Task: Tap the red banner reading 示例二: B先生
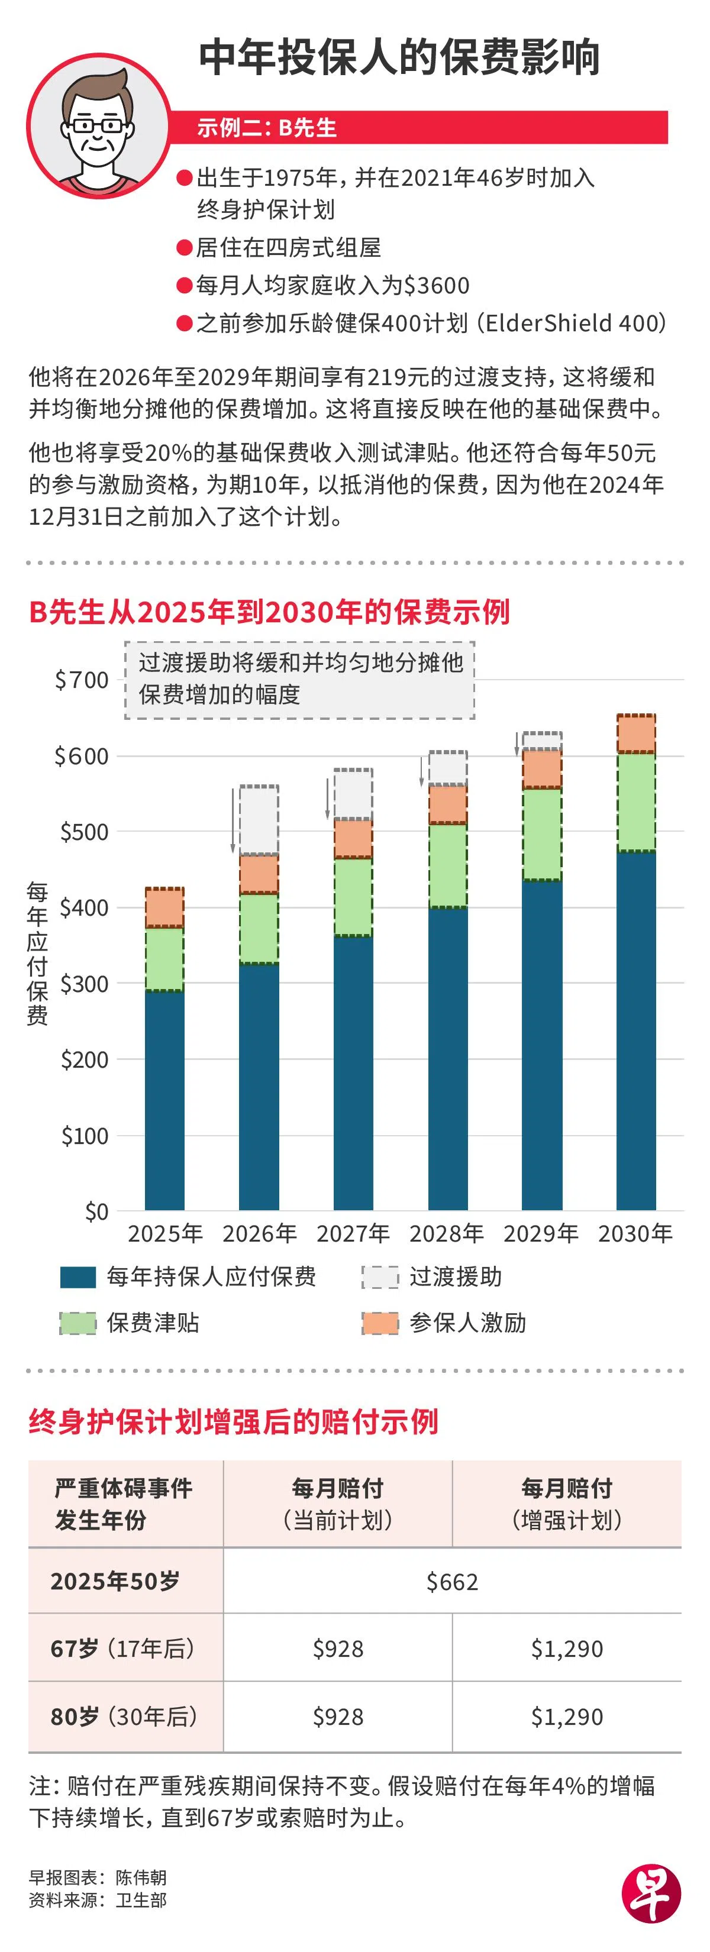(421, 127)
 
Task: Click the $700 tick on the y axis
(82, 680)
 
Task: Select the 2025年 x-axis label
(164, 1233)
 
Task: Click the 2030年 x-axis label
(635, 1233)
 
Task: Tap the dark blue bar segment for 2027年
(353, 1072)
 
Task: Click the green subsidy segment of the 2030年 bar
(637, 802)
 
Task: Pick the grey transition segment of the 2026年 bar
(259, 820)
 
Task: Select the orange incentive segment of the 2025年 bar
(164, 907)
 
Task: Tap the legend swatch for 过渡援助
(380, 1277)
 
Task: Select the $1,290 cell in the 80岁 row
(567, 1717)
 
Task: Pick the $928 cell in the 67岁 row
(338, 1648)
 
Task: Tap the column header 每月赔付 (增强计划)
(567, 1502)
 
